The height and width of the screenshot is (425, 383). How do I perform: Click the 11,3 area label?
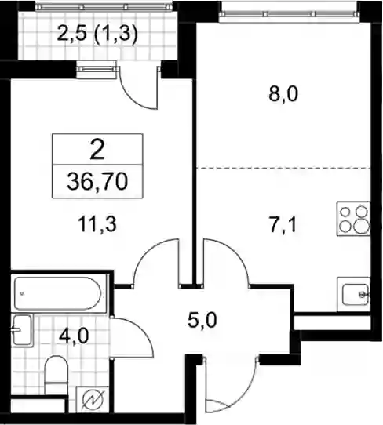(x=97, y=224)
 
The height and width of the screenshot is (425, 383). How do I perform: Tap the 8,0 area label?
(x=283, y=94)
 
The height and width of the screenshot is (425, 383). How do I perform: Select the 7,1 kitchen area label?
(x=282, y=225)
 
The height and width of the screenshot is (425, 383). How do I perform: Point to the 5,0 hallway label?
(x=202, y=320)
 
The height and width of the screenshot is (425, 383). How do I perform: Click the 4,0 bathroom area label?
(x=74, y=336)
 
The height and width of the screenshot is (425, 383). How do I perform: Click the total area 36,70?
(x=97, y=182)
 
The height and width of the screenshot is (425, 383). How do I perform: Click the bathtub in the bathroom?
(x=58, y=293)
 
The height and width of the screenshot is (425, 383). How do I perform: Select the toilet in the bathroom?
(x=56, y=375)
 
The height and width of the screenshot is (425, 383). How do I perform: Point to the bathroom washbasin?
(x=22, y=330)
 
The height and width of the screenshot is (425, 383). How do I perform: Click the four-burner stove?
(x=353, y=219)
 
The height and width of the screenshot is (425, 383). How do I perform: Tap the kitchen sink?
(x=354, y=294)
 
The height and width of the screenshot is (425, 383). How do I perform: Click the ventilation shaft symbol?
(x=93, y=401)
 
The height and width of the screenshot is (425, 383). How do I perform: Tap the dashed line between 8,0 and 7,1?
(x=283, y=168)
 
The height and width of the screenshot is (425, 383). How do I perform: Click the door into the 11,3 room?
(x=156, y=262)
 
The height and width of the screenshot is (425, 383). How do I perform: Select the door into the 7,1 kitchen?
(x=226, y=262)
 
